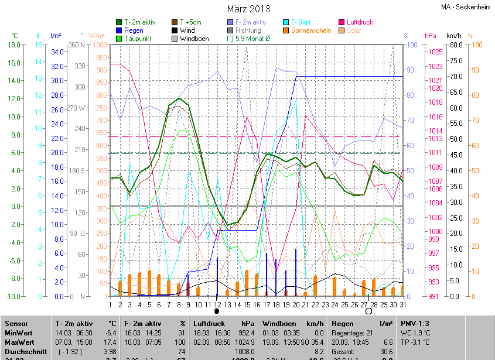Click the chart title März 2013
[x=248, y=9]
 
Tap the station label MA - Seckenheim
[x=466, y=7]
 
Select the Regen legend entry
[x=133, y=30]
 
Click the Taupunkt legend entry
[x=136, y=39]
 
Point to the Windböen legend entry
[x=190, y=39]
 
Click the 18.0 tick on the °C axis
[x=13, y=44]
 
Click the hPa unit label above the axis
[x=431, y=36]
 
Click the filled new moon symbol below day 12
[x=217, y=311]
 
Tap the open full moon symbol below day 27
[x=368, y=311]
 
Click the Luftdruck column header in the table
[x=210, y=323]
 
